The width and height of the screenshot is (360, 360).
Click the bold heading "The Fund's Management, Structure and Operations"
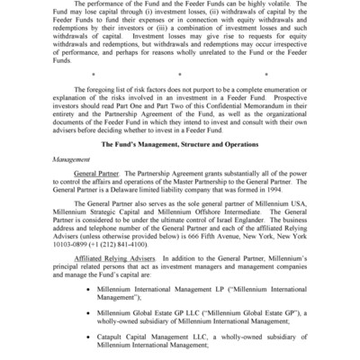[180, 167]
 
